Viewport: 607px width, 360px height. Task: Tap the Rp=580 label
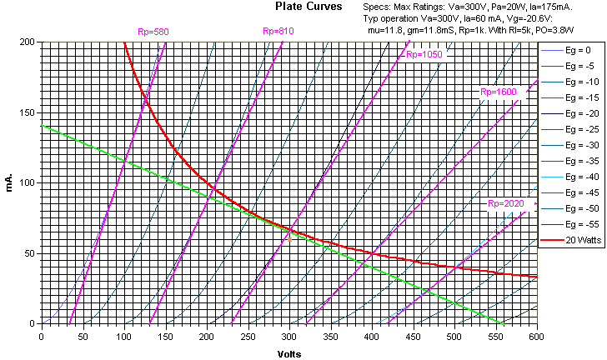(x=153, y=32)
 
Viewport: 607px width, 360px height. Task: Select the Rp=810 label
(x=278, y=32)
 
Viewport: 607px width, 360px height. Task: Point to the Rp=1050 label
(x=424, y=54)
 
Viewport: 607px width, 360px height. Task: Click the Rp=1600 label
(x=498, y=92)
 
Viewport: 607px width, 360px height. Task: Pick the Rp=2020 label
(x=506, y=203)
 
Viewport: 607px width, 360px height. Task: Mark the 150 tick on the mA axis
(x=28, y=112)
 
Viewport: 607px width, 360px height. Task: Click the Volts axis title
(x=289, y=352)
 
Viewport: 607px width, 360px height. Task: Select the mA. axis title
(x=9, y=182)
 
